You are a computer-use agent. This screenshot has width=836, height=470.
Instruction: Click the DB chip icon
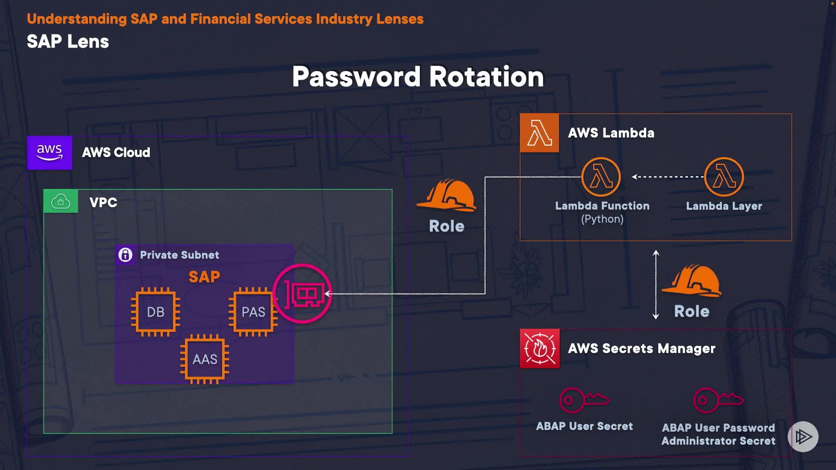(x=155, y=312)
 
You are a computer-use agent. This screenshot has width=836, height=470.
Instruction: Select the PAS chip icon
(x=253, y=312)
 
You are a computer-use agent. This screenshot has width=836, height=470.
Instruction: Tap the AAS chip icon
(x=205, y=359)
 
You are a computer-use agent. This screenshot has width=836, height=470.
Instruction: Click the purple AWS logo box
(x=50, y=153)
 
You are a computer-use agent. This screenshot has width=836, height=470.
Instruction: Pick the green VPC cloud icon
(x=61, y=201)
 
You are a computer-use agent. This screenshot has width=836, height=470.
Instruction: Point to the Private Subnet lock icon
(x=125, y=255)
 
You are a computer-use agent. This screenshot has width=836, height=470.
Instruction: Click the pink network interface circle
(x=303, y=294)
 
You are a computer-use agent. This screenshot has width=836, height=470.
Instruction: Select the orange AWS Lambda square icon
(x=539, y=133)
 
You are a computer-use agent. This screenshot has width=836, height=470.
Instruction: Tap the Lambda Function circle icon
(x=601, y=177)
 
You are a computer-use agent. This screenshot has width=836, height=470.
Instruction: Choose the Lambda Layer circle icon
(x=724, y=177)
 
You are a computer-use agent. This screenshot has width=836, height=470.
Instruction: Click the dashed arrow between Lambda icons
(x=667, y=177)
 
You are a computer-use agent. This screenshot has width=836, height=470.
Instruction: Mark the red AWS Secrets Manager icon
(x=540, y=348)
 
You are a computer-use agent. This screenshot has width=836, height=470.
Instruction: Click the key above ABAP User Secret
(x=584, y=399)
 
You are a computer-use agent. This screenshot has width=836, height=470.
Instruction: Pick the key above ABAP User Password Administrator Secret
(x=718, y=399)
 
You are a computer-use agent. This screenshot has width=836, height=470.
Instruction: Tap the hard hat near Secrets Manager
(x=692, y=281)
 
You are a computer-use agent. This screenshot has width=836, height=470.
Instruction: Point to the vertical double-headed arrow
(x=656, y=285)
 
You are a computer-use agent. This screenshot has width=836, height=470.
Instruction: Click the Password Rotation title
(x=418, y=77)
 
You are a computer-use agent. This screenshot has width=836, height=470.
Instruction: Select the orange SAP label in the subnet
(x=204, y=277)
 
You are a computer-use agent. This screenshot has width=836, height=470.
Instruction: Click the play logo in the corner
(x=803, y=436)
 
